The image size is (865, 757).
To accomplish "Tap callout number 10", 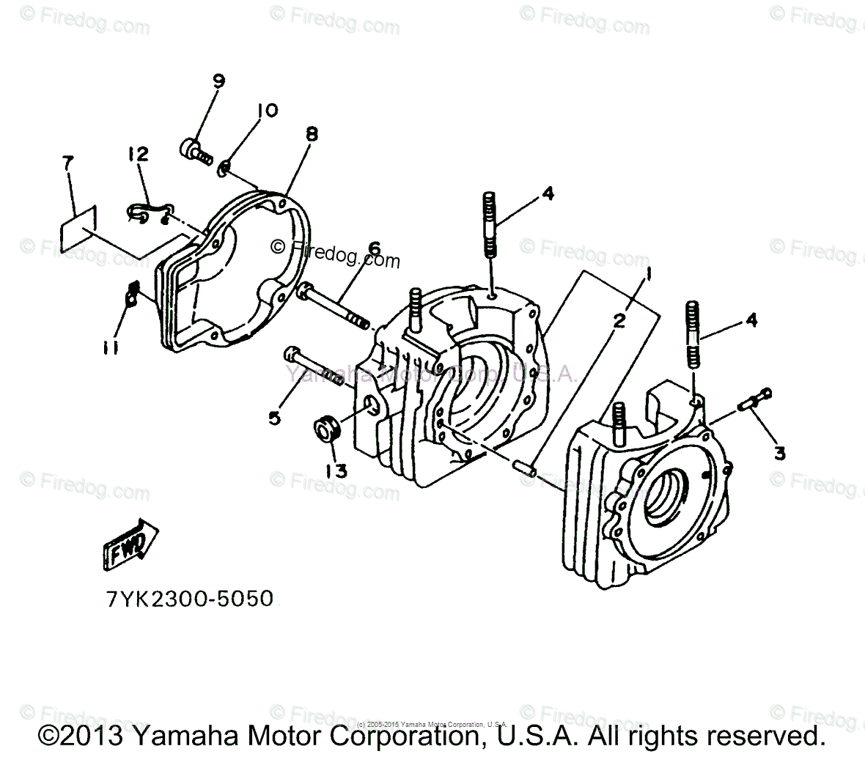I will pos(267,111).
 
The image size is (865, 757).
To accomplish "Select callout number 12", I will pos(138,153).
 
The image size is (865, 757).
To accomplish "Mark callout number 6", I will pos(375,250).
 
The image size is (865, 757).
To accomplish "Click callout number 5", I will pos(274,418).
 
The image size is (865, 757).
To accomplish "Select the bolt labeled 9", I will pos(194,150).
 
